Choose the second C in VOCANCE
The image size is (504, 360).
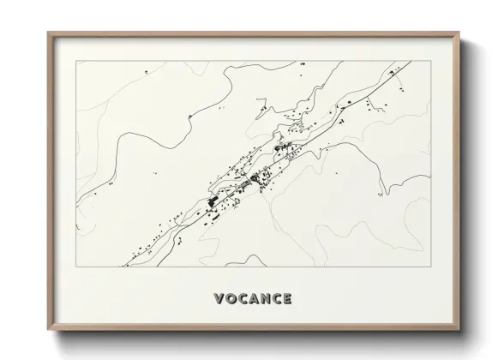tap(276, 299)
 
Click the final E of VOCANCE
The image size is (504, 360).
tap(287, 299)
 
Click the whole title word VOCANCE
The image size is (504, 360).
tap(252, 299)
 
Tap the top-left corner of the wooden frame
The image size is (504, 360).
tap(48, 33)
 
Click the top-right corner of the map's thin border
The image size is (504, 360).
tap(429, 61)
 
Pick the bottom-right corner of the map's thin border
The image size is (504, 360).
tap(429, 267)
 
